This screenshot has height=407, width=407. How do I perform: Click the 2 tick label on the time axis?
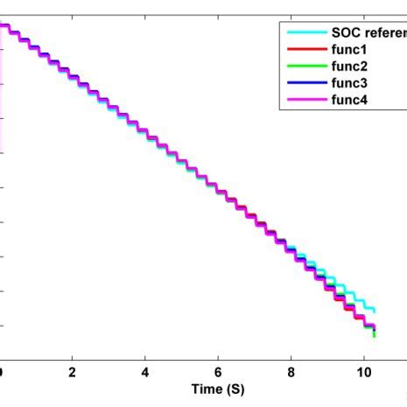click(73, 372)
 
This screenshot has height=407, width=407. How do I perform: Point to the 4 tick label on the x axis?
click(145, 372)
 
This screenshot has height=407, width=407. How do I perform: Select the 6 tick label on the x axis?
click(219, 372)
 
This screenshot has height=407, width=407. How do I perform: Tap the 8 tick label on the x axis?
click(291, 372)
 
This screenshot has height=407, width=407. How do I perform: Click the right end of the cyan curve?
click(374, 310)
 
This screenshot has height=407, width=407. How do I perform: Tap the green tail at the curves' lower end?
click(374, 333)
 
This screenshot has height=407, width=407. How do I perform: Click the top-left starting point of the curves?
click(3, 26)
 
